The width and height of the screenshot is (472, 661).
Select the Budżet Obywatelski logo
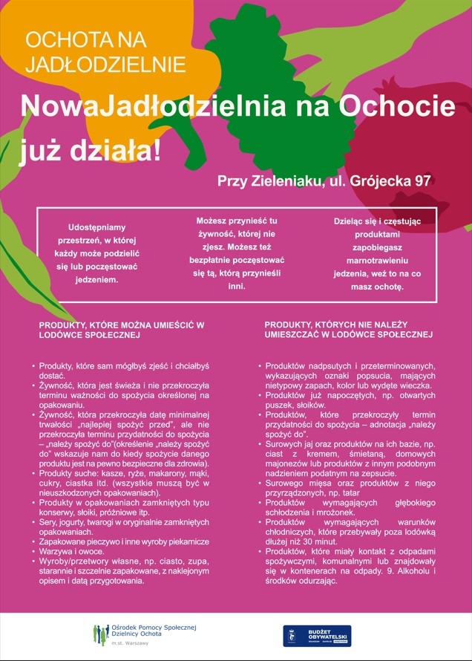click(317, 636)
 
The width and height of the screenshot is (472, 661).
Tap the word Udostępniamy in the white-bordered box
click(97, 227)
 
